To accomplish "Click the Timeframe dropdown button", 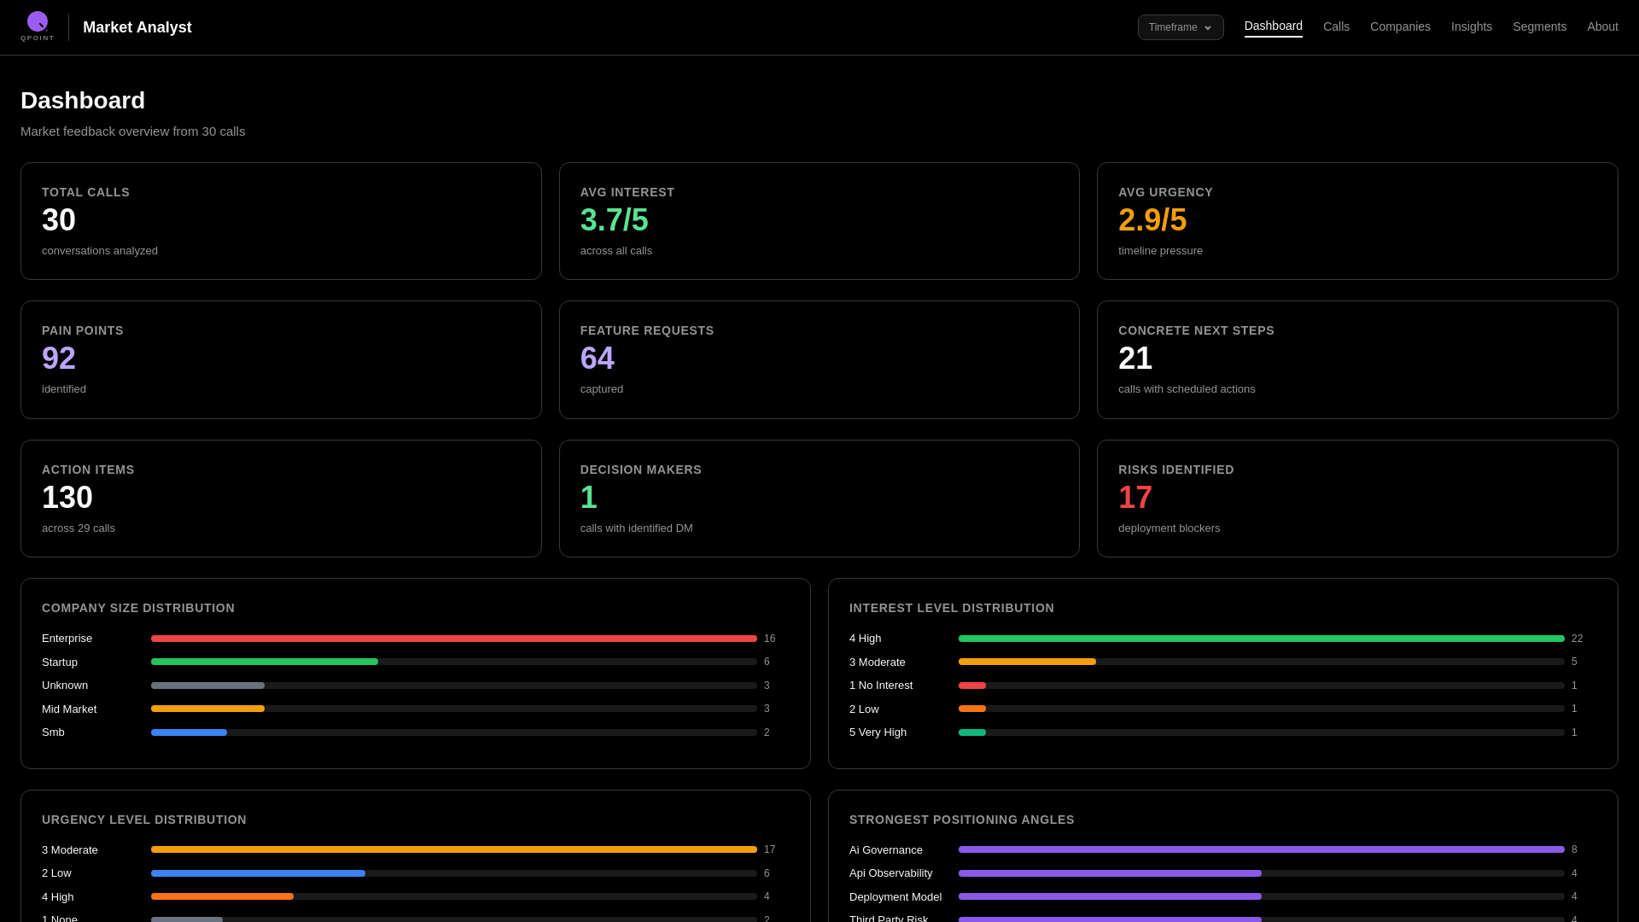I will (x=1180, y=27).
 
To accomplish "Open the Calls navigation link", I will (x=1336, y=26).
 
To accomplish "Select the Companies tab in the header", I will (x=1400, y=26).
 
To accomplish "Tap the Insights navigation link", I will (x=1471, y=26).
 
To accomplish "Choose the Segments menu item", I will (x=1539, y=26).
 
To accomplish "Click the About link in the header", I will (x=1602, y=26).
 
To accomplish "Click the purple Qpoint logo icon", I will (x=38, y=21).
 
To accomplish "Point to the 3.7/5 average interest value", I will (x=614, y=220).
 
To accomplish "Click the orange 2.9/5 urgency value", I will (x=1152, y=220).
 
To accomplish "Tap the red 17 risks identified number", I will (x=1134, y=498).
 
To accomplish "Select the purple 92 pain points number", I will (x=58, y=359).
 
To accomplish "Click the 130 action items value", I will (x=67, y=498).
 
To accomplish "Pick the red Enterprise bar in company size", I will (x=453, y=639).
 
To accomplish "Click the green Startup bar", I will (x=264, y=662).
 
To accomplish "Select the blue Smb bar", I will (x=189, y=732).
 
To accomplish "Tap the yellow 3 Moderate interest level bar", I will (x=1026, y=662).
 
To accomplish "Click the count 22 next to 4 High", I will (x=1577, y=639).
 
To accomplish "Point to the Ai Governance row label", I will (x=885, y=849).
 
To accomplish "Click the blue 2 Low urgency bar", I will (x=258, y=873).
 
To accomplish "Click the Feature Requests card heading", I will (x=646, y=330).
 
